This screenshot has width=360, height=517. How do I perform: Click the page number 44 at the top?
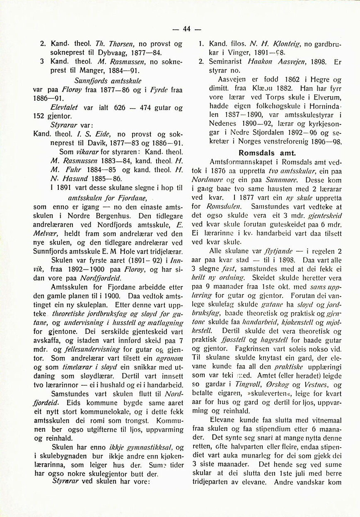point(186,29)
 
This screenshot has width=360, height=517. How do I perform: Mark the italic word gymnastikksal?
point(153,447)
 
